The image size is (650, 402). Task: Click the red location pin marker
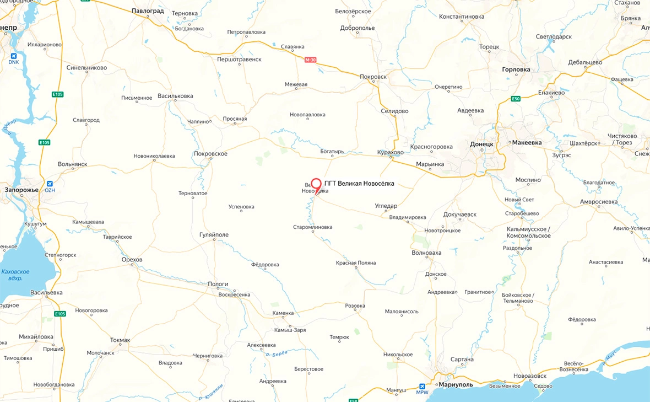(316, 185)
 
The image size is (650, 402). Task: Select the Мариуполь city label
(456, 384)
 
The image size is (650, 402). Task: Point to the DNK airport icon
(13, 55)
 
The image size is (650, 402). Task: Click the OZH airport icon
(50, 184)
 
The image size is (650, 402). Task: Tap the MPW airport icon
(422, 386)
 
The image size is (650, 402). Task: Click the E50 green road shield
(516, 99)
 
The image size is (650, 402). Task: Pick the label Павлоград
(148, 10)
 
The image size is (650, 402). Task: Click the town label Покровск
(373, 77)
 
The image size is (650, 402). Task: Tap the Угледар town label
(386, 206)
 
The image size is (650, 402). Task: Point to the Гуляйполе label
(214, 235)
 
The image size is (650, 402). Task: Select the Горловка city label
(516, 69)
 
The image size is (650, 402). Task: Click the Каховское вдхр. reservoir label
(15, 275)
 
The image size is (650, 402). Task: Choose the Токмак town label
(120, 340)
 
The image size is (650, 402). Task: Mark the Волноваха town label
(426, 253)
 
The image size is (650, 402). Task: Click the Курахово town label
(391, 152)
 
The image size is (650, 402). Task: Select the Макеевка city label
(527, 142)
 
